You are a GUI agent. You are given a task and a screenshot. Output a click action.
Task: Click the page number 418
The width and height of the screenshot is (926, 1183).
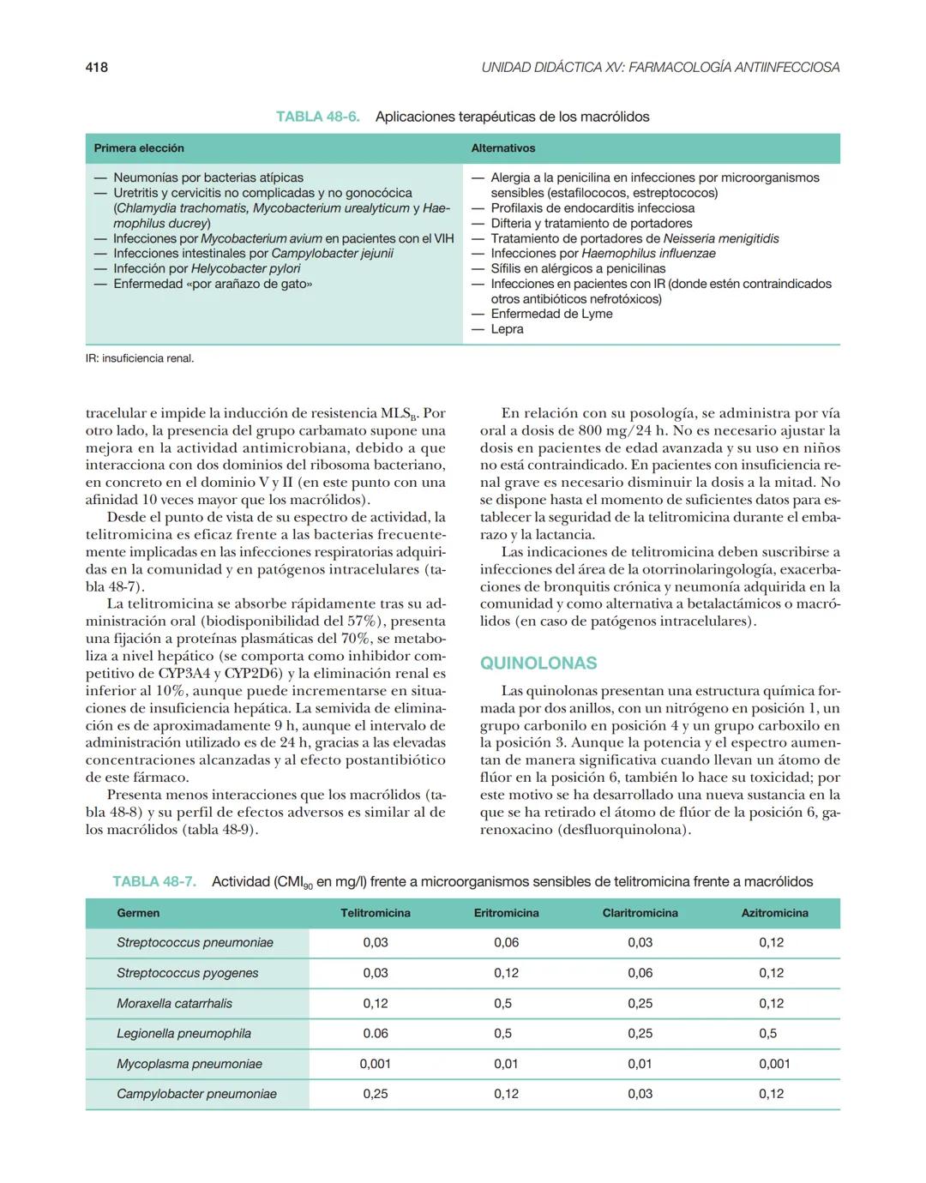[x=96, y=67]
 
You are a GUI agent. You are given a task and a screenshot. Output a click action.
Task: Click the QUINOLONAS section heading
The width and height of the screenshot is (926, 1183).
[x=538, y=663]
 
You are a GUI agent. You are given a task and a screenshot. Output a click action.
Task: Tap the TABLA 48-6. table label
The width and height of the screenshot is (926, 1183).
[x=317, y=117]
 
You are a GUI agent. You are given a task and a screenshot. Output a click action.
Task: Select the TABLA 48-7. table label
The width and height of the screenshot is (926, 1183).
[x=154, y=881]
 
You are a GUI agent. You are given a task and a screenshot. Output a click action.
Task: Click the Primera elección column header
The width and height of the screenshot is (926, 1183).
[x=139, y=148]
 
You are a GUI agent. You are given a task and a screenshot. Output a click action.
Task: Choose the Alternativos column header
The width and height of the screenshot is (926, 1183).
[x=502, y=148]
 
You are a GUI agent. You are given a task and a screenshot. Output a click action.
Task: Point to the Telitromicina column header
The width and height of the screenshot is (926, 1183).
[x=375, y=913]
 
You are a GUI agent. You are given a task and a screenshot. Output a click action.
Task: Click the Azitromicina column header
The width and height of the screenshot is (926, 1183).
[x=774, y=913]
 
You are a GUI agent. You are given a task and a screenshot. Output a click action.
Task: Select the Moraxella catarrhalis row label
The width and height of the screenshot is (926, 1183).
[x=174, y=1003]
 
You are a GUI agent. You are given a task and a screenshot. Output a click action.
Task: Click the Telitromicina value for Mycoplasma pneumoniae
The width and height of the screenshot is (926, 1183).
[x=375, y=1064]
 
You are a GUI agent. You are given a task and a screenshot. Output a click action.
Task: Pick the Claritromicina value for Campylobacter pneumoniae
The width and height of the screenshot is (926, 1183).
[x=640, y=1094]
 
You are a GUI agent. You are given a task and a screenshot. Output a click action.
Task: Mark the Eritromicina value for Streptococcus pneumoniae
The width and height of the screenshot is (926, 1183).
[x=506, y=942]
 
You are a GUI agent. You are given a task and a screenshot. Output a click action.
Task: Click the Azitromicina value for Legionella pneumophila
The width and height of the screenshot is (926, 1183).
[x=767, y=1033]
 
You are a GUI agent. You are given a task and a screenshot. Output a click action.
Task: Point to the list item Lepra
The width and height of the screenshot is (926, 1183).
[x=507, y=329]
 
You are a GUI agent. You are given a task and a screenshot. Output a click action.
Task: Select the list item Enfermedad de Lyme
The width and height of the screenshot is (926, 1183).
[x=551, y=314]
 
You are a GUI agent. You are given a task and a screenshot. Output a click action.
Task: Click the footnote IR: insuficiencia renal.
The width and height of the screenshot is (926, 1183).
[x=140, y=358]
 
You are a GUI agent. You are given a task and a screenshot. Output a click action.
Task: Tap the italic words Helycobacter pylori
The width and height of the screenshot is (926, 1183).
[x=245, y=268]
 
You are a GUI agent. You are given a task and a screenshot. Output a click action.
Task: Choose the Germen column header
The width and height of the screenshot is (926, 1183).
[x=138, y=913]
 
